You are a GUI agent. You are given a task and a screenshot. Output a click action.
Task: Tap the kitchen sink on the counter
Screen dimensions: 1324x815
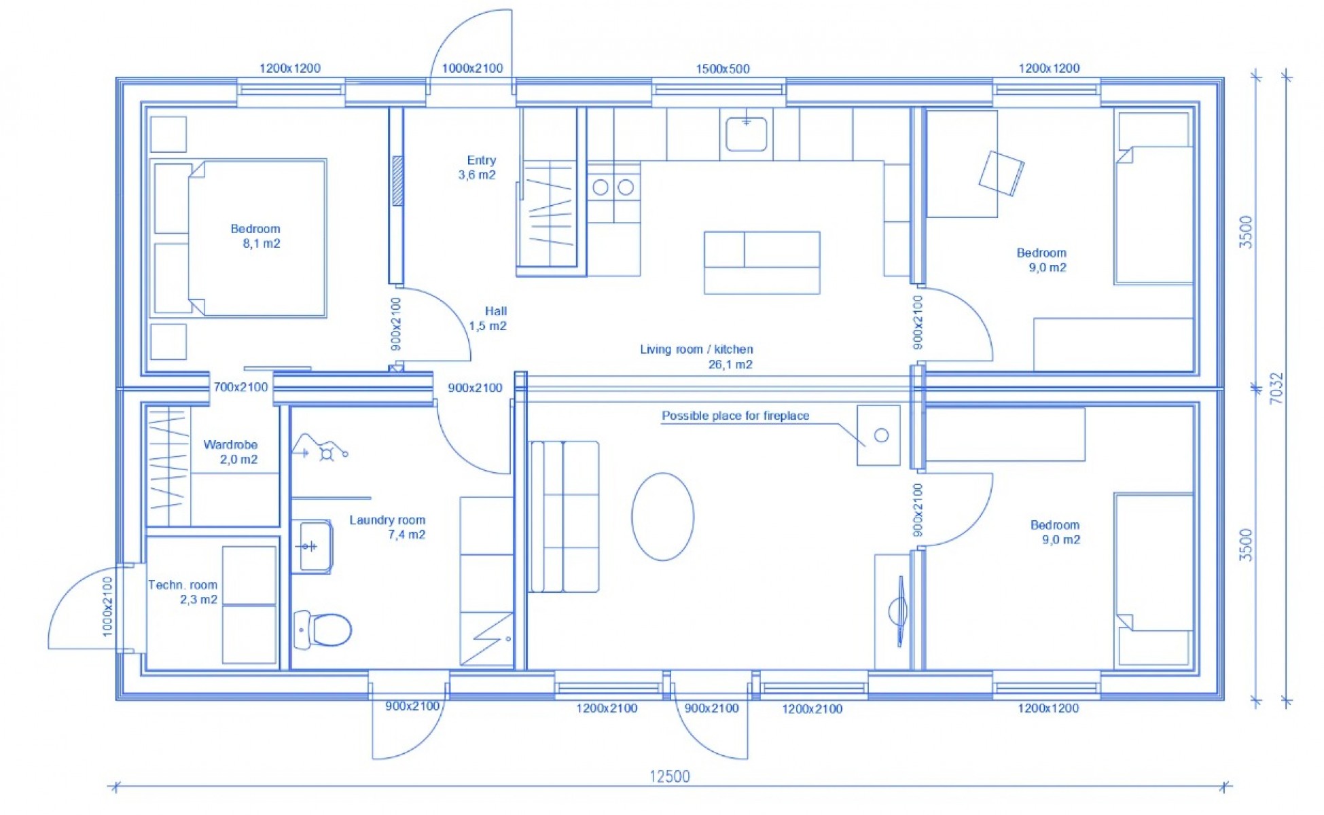746,134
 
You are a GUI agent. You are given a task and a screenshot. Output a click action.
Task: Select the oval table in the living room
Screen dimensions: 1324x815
662,516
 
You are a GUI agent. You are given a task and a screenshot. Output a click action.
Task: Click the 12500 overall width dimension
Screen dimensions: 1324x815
670,776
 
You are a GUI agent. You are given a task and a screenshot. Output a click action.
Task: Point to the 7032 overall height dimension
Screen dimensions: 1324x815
1276,388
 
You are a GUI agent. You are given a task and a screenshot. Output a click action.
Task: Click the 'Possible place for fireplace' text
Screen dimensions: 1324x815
735,416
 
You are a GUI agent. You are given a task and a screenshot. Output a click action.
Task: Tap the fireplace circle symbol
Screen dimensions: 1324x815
881,435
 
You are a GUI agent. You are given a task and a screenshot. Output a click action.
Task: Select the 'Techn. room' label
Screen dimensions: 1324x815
183,585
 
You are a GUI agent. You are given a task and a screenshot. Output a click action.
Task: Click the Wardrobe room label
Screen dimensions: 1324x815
230,445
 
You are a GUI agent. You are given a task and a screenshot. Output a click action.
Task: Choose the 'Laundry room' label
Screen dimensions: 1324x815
387,520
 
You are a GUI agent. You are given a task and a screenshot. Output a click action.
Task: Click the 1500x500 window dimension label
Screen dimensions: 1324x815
722,69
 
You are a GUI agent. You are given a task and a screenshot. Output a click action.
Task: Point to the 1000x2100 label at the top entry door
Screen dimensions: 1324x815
472,68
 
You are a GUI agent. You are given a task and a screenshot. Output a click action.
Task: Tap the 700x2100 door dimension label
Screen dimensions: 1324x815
240,387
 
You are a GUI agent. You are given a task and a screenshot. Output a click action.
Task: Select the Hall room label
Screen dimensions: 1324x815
488,319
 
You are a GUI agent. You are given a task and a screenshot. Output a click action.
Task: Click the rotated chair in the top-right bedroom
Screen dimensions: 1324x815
1001,173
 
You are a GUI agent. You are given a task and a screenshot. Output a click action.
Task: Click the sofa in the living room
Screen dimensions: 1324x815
563,516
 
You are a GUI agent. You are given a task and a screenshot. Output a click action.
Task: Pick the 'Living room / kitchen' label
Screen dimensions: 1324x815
696,349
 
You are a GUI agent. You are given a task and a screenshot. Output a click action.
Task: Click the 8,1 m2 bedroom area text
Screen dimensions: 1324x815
262,244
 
